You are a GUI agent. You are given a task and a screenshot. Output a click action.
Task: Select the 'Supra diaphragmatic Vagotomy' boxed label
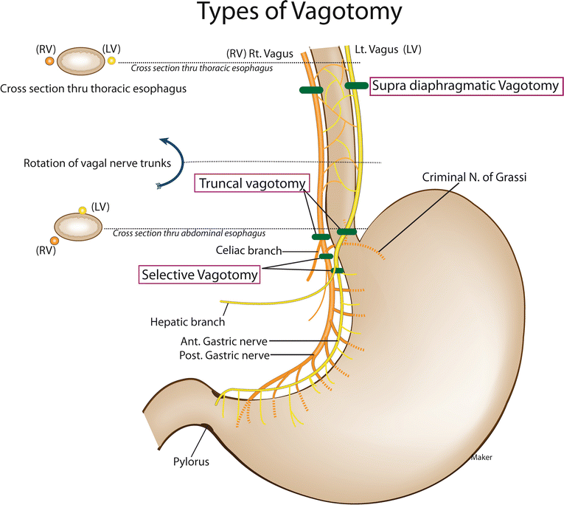[x=466, y=86]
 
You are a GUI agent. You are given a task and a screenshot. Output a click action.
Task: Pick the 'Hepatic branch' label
[x=187, y=321]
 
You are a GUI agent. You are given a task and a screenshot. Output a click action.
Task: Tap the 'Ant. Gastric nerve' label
[x=223, y=341]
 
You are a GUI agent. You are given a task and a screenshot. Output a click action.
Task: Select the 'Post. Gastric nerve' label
[x=223, y=355]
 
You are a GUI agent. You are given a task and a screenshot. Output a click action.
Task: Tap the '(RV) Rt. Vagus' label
[x=259, y=53]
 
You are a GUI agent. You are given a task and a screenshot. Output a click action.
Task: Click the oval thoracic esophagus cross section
[x=79, y=61]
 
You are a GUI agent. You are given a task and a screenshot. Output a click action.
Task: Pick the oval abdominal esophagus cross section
[x=79, y=227]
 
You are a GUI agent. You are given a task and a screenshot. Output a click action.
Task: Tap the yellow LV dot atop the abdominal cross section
[x=83, y=210]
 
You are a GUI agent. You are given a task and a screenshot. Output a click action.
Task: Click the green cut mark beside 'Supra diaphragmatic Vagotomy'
[x=357, y=86]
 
